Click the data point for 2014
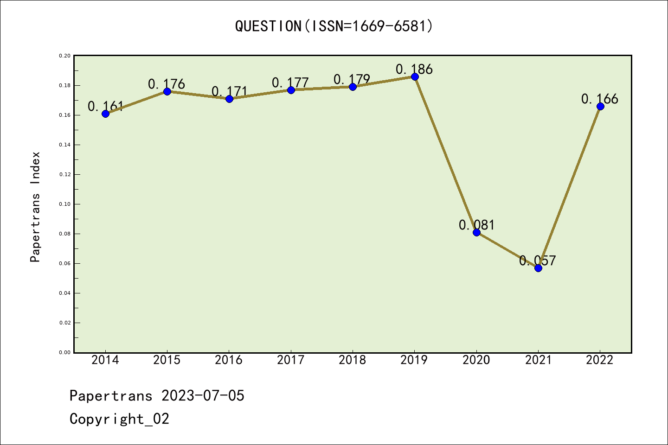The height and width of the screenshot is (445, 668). (x=105, y=114)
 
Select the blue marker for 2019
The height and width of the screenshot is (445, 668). (x=415, y=76)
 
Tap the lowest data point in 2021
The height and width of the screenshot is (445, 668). (x=538, y=268)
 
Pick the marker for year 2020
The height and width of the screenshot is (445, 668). (x=476, y=232)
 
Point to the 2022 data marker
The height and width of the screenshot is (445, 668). (x=600, y=106)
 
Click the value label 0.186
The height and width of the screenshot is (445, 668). (x=414, y=69)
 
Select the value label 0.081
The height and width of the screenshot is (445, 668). (x=476, y=225)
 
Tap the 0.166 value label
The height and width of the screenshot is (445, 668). (x=599, y=99)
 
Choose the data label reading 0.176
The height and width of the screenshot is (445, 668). (x=167, y=84)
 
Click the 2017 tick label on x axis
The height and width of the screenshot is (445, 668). (x=291, y=360)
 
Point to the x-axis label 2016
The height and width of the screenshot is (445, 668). (x=229, y=360)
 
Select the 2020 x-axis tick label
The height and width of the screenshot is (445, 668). (x=476, y=360)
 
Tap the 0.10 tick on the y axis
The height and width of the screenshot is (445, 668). (x=64, y=204)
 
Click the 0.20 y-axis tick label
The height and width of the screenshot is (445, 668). (x=64, y=56)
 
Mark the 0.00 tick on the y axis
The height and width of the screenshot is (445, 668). (x=64, y=352)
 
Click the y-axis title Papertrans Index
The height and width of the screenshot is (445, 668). (x=35, y=207)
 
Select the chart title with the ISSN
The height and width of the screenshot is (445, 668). (x=334, y=26)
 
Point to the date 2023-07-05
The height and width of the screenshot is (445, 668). (x=203, y=395)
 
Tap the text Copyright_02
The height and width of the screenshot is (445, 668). (x=119, y=419)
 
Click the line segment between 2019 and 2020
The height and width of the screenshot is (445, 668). (x=445, y=154)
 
